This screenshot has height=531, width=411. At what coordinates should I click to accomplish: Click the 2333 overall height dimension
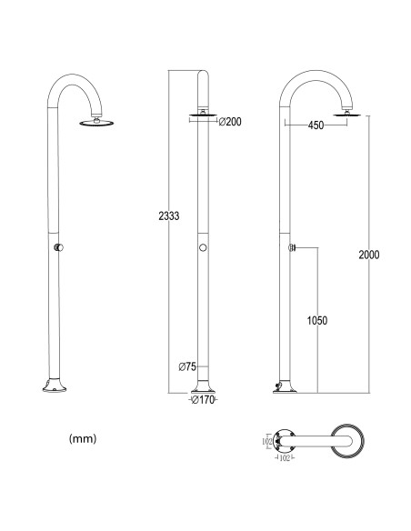(169, 215)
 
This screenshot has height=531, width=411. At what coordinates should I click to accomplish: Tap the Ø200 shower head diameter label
(230, 122)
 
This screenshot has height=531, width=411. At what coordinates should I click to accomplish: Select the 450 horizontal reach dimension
(316, 125)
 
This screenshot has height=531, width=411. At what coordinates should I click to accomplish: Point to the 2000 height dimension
(369, 255)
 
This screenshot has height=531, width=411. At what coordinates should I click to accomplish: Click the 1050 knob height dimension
(317, 320)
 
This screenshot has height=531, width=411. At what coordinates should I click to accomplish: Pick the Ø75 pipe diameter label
(187, 366)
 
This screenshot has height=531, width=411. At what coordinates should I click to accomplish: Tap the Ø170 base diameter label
(203, 400)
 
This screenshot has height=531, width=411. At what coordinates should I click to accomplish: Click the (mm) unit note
(83, 438)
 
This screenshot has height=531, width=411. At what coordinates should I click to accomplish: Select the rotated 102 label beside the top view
(267, 441)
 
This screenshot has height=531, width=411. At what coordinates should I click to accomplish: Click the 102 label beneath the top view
(285, 458)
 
